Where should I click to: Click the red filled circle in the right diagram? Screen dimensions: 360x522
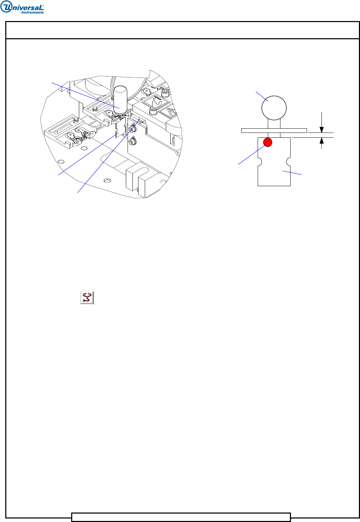267,142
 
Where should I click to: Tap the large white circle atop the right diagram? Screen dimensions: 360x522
274,108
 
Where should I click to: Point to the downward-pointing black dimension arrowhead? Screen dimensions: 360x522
321,130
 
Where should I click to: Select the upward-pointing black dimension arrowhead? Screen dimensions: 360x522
321,141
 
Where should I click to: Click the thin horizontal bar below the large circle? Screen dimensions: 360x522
274,130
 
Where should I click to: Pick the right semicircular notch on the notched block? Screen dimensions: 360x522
288,162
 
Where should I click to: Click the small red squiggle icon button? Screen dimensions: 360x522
87,298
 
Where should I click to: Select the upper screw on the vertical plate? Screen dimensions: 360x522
133,128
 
